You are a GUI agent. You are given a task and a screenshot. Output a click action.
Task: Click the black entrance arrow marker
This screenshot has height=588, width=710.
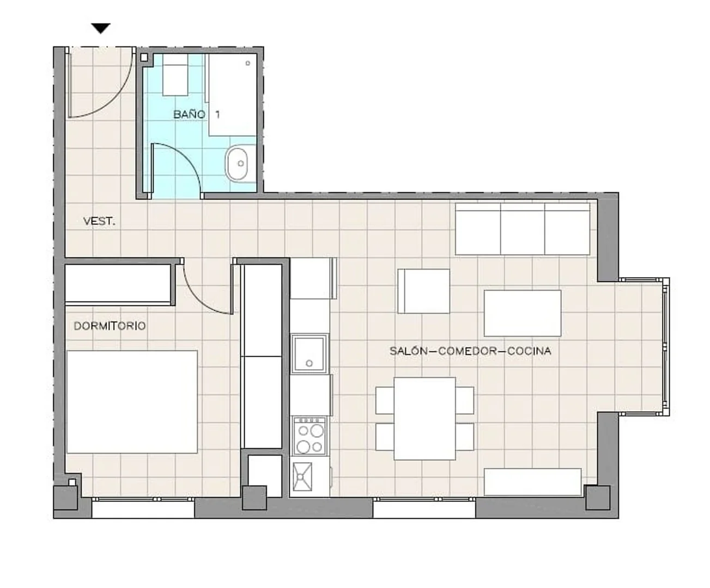101,28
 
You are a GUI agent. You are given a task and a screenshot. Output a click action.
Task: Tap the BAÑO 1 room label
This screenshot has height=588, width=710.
197,114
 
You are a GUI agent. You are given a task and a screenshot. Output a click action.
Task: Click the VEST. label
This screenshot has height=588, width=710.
99,222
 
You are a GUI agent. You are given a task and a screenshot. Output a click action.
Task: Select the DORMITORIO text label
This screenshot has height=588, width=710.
110,326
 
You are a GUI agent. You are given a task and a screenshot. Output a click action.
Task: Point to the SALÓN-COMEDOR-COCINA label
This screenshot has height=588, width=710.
470,351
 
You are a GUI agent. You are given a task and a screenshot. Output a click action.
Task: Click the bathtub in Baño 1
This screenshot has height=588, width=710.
232,94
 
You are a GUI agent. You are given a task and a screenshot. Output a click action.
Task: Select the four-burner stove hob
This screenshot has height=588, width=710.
310,436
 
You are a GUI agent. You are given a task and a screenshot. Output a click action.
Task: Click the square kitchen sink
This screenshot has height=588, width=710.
309,354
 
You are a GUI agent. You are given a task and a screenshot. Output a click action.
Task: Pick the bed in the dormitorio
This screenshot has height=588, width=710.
132,402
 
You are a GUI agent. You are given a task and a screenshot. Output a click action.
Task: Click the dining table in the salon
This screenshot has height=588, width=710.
424,419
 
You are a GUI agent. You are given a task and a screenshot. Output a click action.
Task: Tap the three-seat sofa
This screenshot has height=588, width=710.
523,229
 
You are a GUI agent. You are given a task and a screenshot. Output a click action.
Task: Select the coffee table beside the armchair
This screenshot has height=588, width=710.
523,313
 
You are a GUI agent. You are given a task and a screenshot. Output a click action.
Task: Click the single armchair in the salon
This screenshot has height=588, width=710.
424,291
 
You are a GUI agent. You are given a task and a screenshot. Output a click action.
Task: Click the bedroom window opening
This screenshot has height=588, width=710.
143,508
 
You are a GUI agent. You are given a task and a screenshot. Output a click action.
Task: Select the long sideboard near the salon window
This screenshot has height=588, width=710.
532,482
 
